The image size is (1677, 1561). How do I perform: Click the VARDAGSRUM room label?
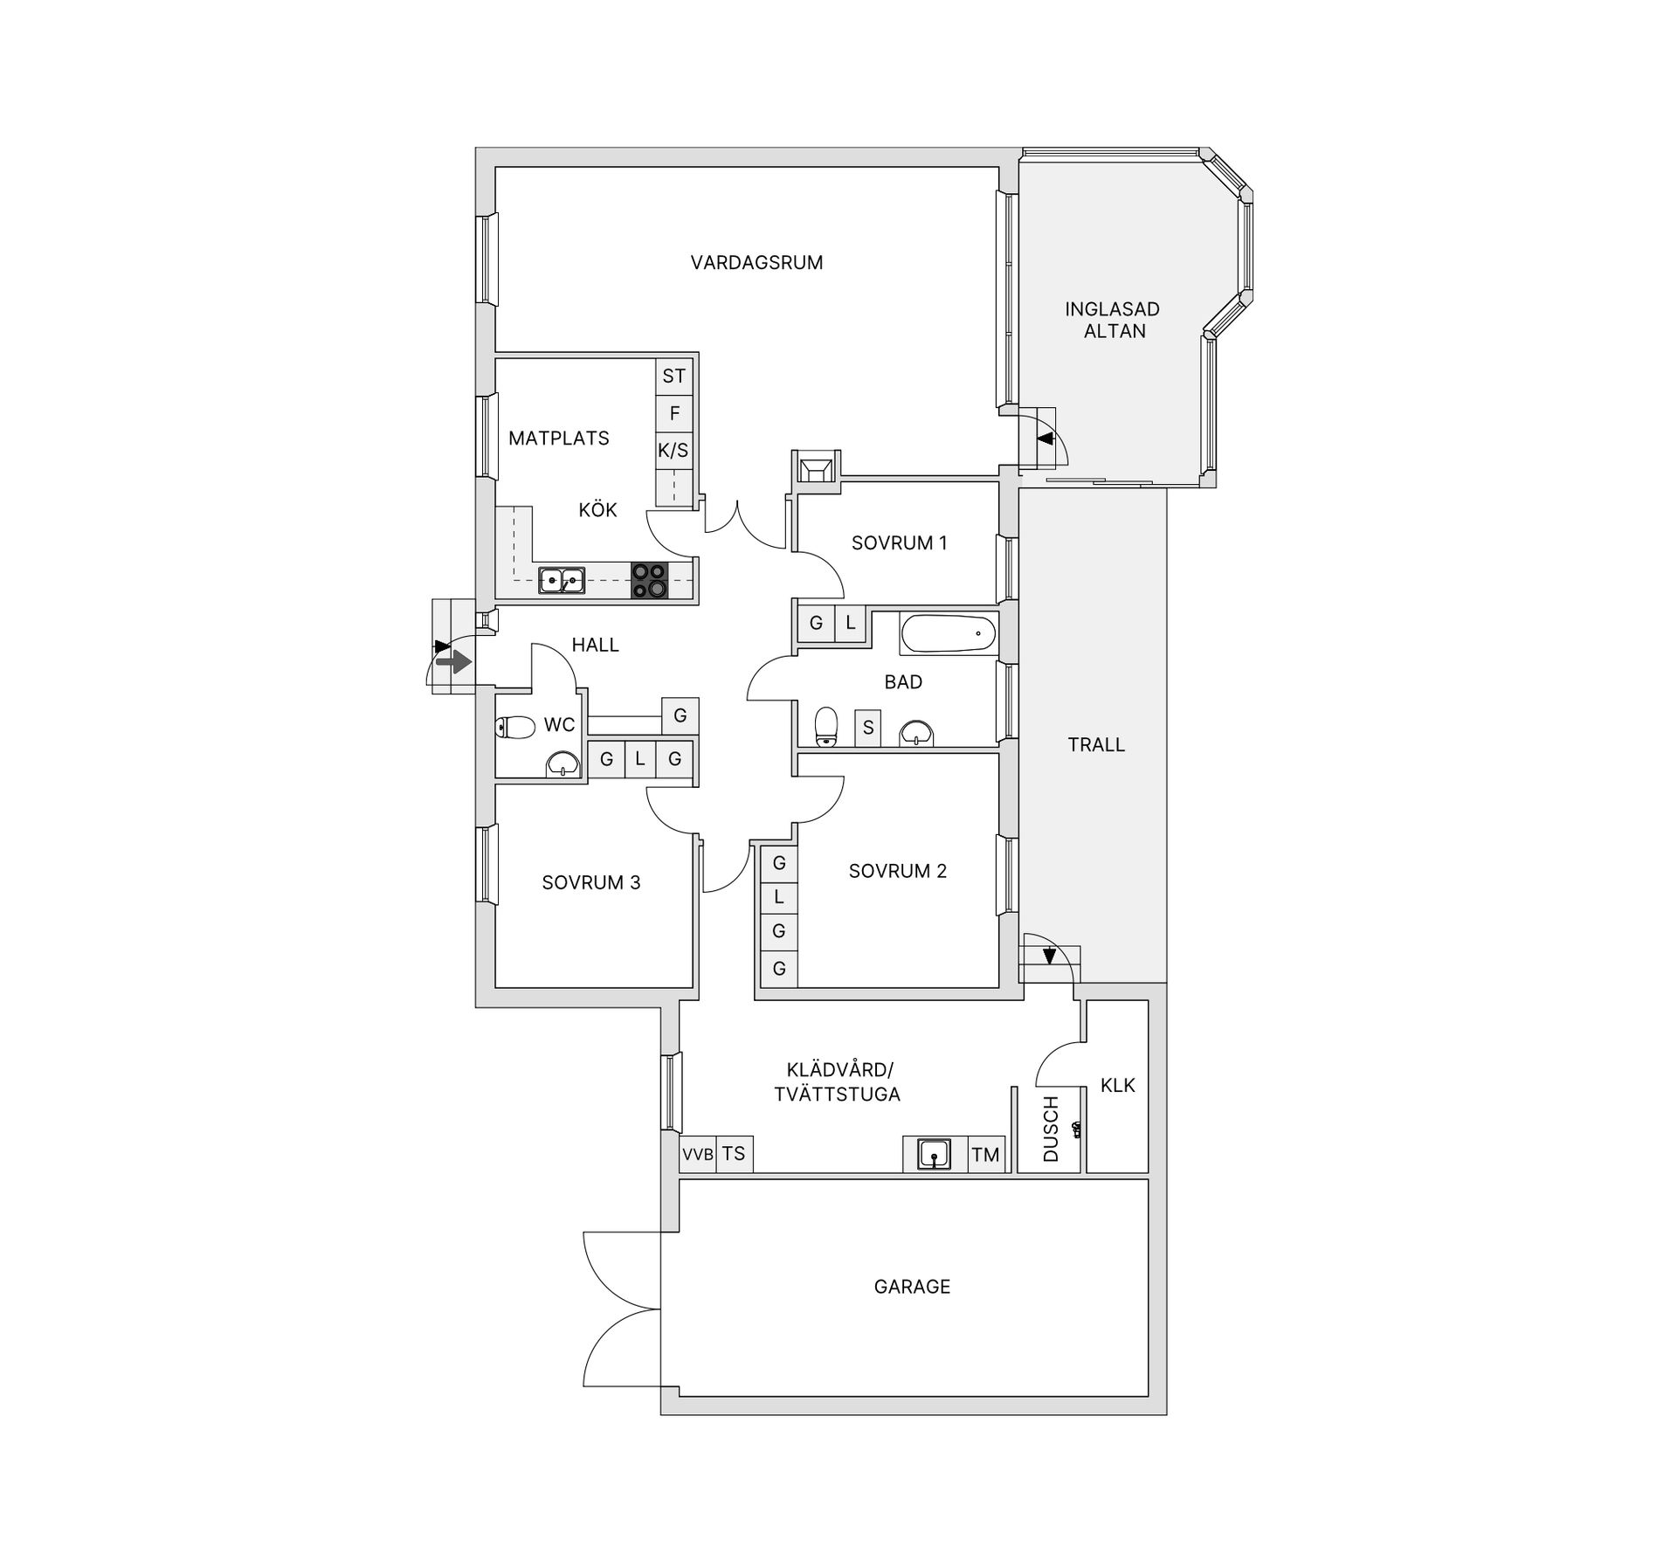(756, 263)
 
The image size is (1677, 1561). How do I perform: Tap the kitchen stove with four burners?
(649, 580)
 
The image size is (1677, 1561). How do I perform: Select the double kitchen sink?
(562, 580)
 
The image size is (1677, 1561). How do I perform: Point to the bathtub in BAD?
(949, 634)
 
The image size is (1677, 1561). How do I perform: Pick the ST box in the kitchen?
(673, 376)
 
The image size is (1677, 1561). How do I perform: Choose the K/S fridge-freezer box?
(673, 451)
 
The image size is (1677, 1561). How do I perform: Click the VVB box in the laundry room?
(698, 1154)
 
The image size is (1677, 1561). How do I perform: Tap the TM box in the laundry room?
(985, 1154)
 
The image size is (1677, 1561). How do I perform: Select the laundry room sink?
(934, 1155)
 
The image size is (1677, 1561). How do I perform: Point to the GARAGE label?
(912, 1287)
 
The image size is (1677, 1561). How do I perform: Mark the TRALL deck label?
(1096, 745)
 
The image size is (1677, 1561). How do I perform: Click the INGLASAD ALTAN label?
(1113, 320)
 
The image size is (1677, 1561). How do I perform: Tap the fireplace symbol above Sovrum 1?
(816, 466)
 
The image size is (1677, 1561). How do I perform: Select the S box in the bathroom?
(868, 727)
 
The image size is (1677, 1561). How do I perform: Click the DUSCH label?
(1051, 1129)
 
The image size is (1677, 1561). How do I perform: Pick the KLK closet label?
(1118, 1086)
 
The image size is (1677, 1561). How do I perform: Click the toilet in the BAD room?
(825, 727)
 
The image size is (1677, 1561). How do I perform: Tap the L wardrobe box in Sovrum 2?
(779, 896)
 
